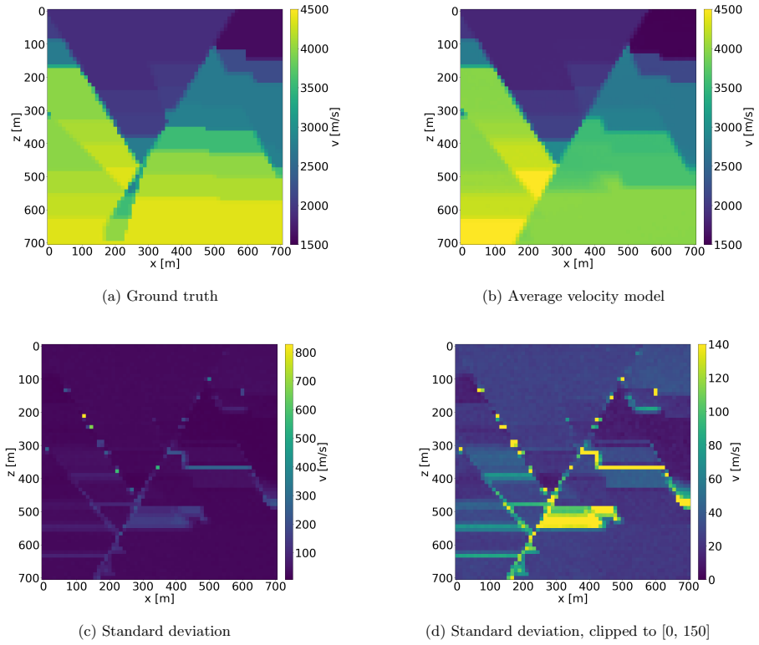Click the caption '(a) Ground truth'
160,296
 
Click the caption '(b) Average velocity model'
573,296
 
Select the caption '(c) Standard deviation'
155,631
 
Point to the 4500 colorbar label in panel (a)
314,10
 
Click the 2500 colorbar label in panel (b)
727,166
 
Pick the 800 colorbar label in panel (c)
305,353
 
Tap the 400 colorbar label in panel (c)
305,467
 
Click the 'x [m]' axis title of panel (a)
165,264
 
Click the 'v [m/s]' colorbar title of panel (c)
323,462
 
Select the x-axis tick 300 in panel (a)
148,251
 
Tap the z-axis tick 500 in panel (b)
447,177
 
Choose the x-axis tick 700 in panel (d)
689,587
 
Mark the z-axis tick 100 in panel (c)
28,380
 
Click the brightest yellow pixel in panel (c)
84,415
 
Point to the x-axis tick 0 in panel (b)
462,251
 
